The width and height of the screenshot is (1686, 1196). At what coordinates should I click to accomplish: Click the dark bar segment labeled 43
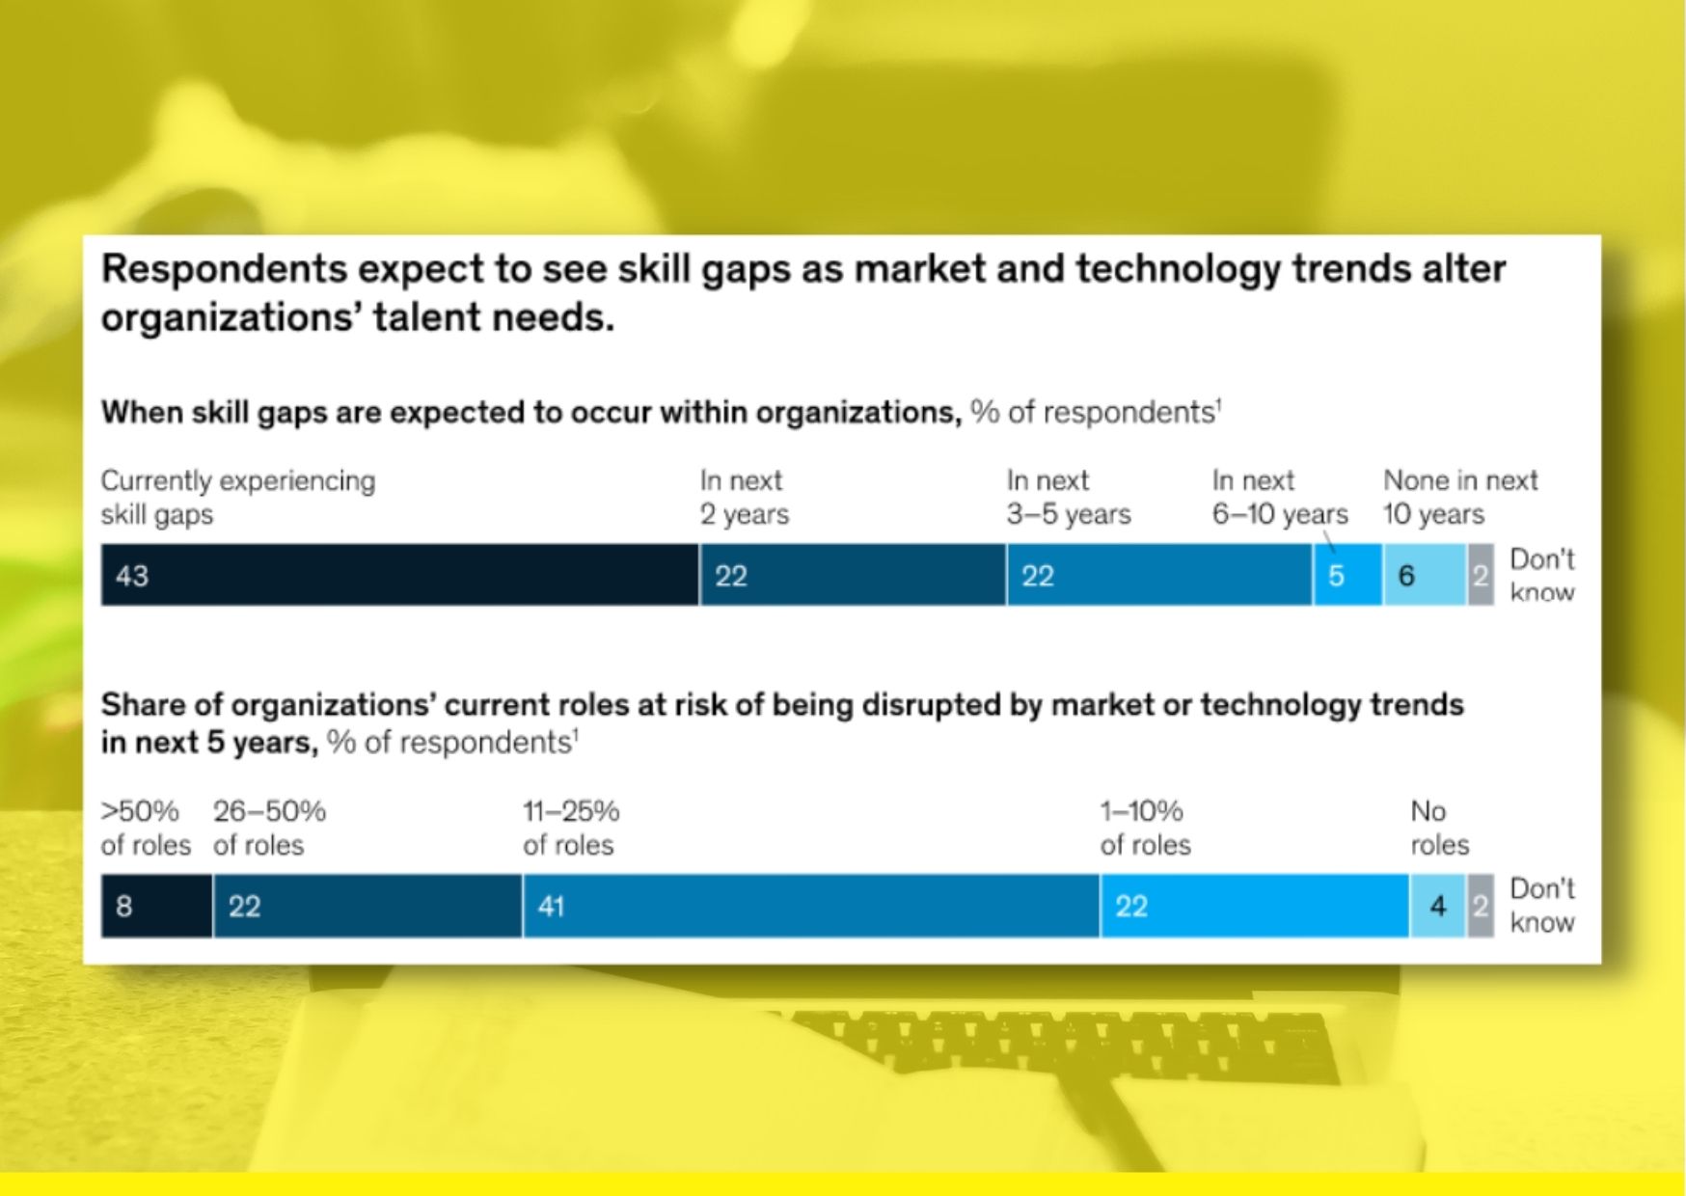399,575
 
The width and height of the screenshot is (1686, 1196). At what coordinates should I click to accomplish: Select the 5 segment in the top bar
1347,575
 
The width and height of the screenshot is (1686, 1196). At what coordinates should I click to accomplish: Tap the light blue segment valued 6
1425,575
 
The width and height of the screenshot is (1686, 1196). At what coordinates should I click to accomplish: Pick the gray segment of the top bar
1481,575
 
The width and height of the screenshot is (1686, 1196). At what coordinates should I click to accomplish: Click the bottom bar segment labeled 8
156,906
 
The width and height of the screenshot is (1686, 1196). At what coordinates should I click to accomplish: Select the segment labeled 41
810,906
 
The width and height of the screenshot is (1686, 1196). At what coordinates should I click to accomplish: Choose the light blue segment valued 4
1438,906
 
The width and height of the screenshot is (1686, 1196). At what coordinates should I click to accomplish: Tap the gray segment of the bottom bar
1481,906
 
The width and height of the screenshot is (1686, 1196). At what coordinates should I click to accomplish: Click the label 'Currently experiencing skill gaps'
238,497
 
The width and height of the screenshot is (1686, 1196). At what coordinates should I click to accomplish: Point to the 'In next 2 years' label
744,497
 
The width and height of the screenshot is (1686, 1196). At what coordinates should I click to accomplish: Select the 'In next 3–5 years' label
1069,497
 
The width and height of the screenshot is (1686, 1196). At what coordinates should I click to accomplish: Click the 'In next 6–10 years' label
1280,497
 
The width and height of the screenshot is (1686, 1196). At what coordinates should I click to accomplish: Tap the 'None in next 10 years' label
1460,497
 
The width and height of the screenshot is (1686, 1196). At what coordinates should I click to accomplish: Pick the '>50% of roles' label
146,828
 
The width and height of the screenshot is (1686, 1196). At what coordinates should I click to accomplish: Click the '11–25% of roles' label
571,828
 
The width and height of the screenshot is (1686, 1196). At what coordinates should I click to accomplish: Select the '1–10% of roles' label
1145,828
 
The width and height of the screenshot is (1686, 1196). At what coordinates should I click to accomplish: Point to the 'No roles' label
1439,828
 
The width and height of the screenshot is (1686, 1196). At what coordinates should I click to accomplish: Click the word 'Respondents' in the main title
224,269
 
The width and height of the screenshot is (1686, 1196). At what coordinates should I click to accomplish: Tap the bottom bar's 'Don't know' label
1541,905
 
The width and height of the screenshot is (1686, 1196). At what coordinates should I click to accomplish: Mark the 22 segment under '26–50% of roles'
367,906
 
